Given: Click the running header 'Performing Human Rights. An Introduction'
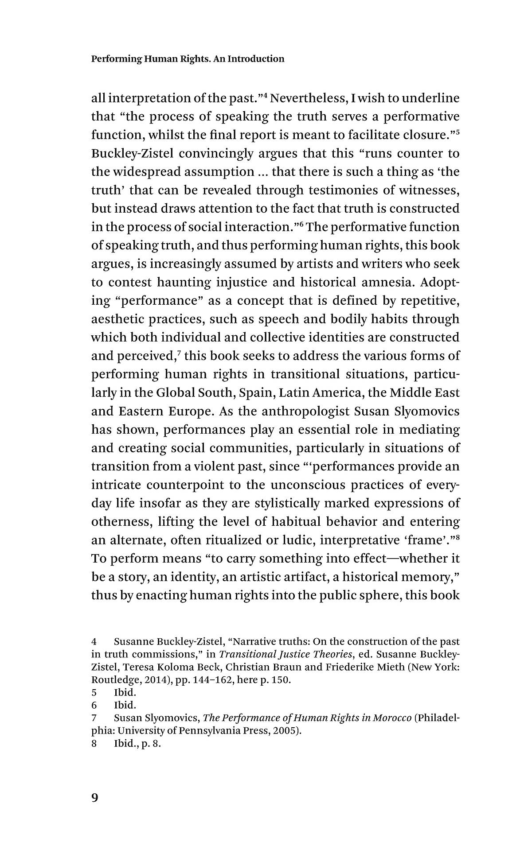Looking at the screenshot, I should (188, 59).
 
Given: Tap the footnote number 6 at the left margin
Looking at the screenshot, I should (94, 705).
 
